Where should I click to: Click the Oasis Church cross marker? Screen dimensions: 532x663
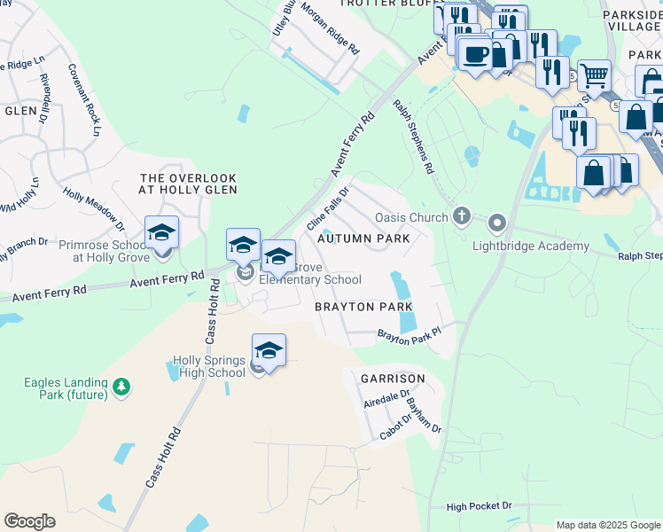pos(461,215)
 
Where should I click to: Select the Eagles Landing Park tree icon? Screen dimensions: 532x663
pos(121,387)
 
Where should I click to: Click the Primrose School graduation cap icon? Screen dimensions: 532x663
pos(162,233)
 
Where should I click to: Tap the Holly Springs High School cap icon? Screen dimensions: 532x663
pos(269,349)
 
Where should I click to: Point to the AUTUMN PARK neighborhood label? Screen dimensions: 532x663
pos(363,239)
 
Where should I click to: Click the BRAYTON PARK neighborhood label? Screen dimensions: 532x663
pos(364,307)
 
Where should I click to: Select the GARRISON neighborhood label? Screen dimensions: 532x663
pos(393,379)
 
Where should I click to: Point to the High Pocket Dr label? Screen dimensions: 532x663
pos(480,506)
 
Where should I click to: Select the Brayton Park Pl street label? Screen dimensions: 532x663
pos(409,337)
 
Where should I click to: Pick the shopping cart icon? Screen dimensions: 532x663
pos(594,76)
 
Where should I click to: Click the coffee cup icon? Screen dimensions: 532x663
pos(476,53)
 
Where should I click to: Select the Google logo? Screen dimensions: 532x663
pos(29,521)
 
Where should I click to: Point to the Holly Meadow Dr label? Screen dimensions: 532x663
pos(93,206)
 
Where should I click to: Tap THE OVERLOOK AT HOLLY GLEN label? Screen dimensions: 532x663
pos(189,184)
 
